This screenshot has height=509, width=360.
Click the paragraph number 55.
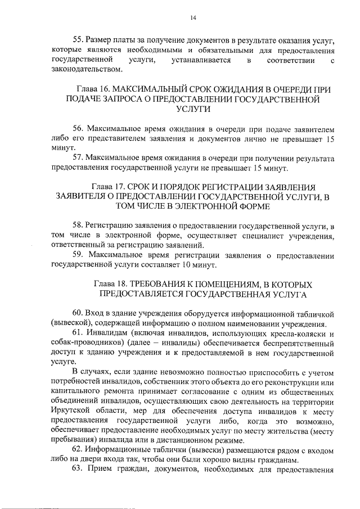(79, 40)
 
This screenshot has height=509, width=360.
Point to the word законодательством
(86, 69)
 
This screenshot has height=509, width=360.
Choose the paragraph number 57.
(79, 158)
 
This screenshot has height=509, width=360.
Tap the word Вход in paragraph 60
(97, 313)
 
